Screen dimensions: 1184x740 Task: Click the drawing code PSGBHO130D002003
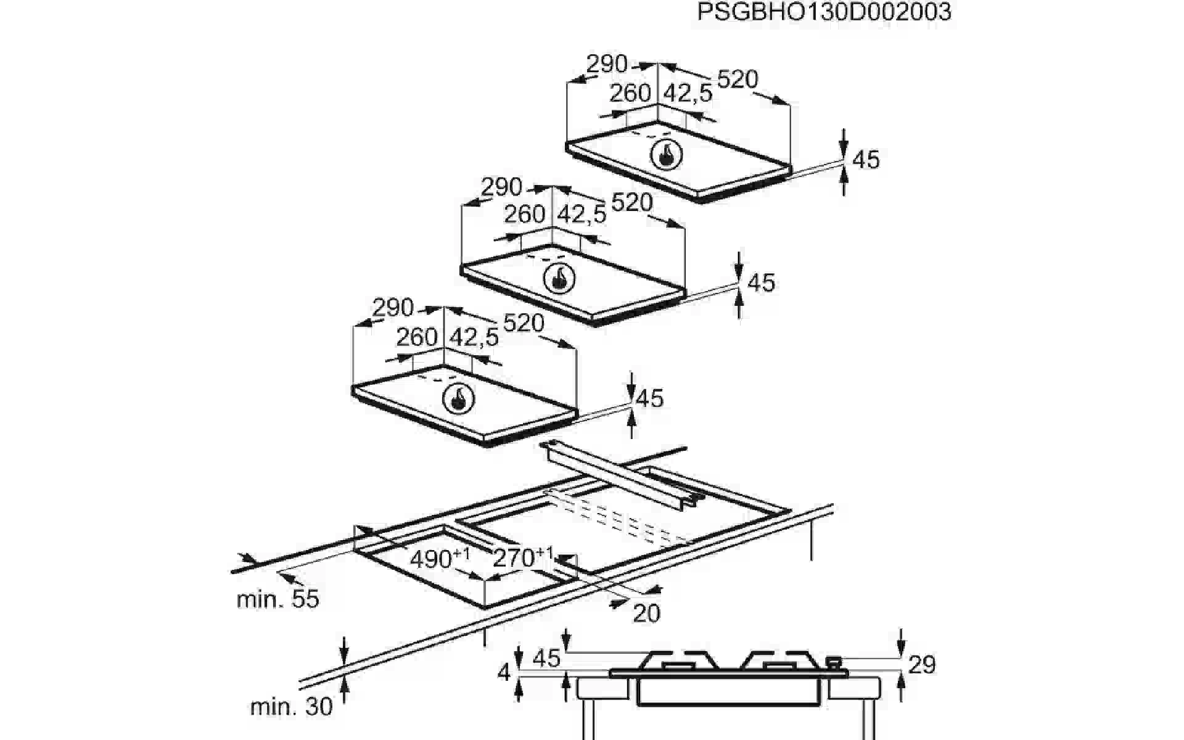pos(824,12)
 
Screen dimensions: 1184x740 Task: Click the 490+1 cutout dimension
pos(440,559)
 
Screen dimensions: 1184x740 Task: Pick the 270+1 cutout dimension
pos(523,557)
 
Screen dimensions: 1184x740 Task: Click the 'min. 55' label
pos(278,599)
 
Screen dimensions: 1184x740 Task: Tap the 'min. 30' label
pos(292,707)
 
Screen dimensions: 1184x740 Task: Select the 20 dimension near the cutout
pos(646,613)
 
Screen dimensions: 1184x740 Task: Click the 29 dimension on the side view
pos(922,665)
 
